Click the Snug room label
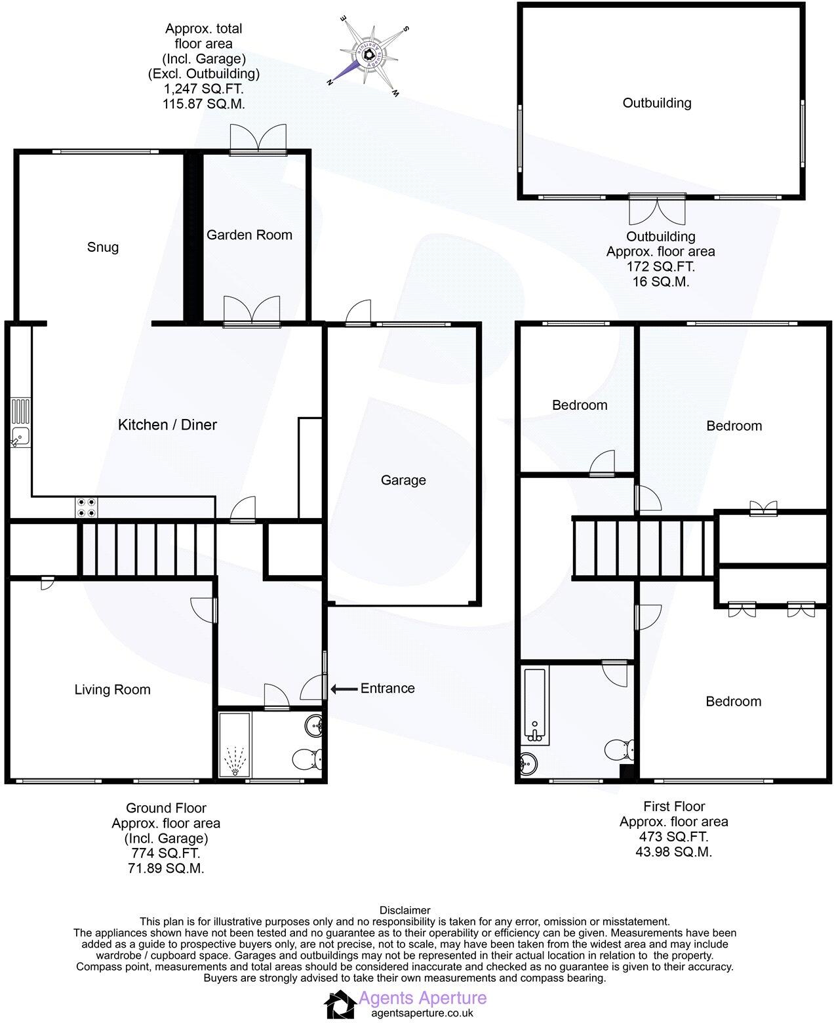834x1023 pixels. pyautogui.click(x=103, y=247)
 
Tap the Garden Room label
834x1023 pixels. pyautogui.click(x=249, y=235)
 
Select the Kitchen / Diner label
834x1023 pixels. pyautogui.click(x=167, y=425)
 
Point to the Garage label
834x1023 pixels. pyautogui.click(x=403, y=480)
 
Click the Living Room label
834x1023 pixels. pyautogui.click(x=112, y=689)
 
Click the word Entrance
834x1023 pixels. pyautogui.click(x=387, y=688)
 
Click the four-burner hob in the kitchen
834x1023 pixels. pyautogui.click(x=86, y=507)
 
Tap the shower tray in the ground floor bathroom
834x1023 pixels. pyautogui.click(x=233, y=745)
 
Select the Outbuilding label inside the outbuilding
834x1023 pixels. pyautogui.click(x=657, y=102)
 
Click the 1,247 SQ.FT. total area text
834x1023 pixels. pyautogui.click(x=203, y=89)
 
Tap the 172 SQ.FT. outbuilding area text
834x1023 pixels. pyautogui.click(x=660, y=267)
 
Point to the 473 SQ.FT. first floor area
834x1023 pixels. pyautogui.click(x=673, y=837)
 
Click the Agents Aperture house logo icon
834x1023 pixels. pyautogui.click(x=340, y=1005)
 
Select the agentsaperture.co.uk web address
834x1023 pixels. pyautogui.click(x=422, y=1013)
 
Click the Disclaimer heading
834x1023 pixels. pyautogui.click(x=405, y=910)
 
